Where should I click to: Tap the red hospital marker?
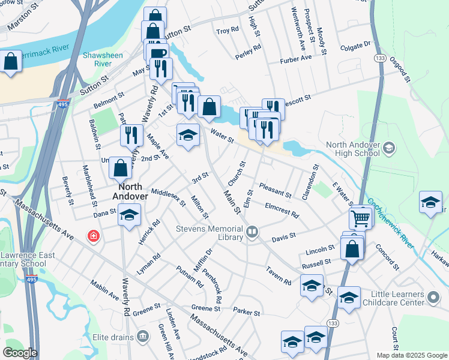click(93, 236)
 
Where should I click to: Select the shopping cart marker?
click(360, 218)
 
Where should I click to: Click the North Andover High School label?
click(353, 148)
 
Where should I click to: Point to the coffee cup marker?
click(158, 54)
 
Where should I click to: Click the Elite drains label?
click(113, 337)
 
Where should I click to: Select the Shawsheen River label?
click(97, 58)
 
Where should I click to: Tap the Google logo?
click(20, 353)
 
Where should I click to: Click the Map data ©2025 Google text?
click(411, 355)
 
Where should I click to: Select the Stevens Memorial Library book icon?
click(252, 232)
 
